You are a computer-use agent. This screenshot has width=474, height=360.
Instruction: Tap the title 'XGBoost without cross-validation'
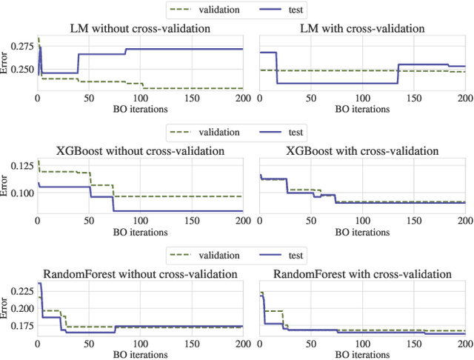[x=139, y=151]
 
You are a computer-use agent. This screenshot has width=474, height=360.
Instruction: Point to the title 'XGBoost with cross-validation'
[x=361, y=151]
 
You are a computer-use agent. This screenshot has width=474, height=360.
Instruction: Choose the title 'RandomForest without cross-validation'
[x=139, y=274]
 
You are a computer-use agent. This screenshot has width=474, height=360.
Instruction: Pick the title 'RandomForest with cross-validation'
[x=361, y=274]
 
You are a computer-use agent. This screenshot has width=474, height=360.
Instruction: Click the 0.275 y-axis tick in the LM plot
[x=23, y=46]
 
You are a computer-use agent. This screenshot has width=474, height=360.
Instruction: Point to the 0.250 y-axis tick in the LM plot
[x=23, y=70]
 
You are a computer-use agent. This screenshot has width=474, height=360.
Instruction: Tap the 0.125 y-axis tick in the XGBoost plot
[x=23, y=164]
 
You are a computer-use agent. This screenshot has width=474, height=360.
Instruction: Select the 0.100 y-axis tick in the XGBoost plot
[x=23, y=193]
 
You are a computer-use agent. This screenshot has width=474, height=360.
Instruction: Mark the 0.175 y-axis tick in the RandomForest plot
[x=23, y=326]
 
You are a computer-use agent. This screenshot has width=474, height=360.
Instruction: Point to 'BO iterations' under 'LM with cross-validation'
[x=361, y=109]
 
